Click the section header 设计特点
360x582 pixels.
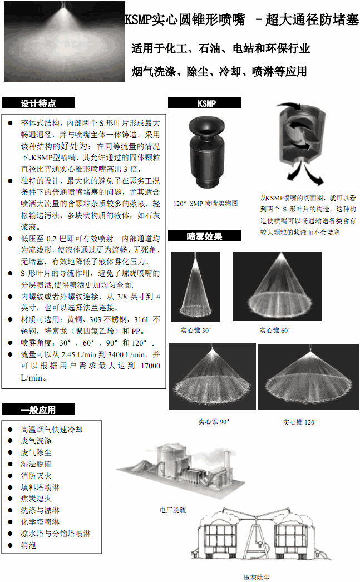point(38,103)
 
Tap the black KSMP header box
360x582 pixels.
point(205,103)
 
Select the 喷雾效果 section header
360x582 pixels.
point(204,236)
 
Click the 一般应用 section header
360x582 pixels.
point(38,410)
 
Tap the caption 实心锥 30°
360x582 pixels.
point(196,331)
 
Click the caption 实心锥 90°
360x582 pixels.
point(214,422)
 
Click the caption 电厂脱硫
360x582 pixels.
point(172,509)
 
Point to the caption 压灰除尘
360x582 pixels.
point(257,577)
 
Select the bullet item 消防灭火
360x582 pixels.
point(36,476)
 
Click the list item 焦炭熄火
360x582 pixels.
point(36,499)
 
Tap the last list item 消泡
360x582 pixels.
point(28,545)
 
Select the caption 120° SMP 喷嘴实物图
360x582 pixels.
point(205,204)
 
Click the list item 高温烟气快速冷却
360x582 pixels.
point(52,430)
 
